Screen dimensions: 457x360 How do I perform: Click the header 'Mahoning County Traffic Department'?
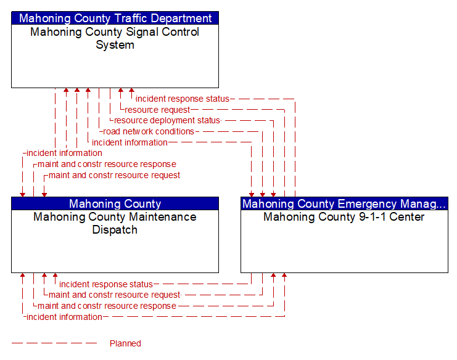coord(115,18)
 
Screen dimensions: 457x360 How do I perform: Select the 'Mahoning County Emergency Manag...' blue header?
coord(344,203)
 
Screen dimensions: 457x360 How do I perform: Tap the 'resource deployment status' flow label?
coord(167,120)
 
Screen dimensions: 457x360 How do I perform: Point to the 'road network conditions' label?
coord(149,131)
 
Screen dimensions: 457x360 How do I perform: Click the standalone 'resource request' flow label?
coord(157,110)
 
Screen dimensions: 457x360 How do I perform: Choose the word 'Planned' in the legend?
coord(125,343)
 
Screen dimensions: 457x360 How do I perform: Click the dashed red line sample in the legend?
coord(54,343)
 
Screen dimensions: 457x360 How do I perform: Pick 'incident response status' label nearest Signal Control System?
coord(183,99)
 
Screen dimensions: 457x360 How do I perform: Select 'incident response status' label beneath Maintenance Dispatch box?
coord(106,284)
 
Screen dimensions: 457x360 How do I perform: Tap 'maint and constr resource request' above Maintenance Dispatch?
coord(114,175)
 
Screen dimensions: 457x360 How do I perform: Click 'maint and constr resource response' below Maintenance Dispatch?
coord(107,306)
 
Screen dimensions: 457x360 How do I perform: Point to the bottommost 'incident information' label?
coord(64,317)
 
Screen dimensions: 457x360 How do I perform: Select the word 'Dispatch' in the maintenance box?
coord(115,230)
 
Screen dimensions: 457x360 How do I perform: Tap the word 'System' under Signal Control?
coord(115,45)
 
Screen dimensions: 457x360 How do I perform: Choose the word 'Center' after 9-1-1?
coord(407,217)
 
